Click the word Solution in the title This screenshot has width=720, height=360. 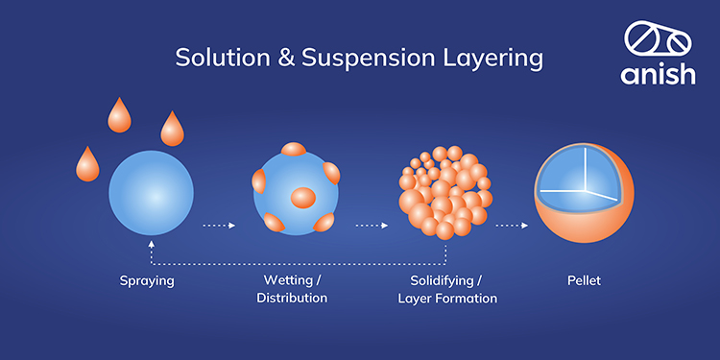[x=215, y=58]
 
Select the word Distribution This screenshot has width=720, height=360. [x=292, y=298]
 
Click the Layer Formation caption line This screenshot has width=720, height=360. [x=447, y=298]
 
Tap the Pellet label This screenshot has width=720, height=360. [x=584, y=281]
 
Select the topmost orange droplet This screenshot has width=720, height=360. [x=120, y=115]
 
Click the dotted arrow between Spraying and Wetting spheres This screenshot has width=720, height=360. [x=221, y=227]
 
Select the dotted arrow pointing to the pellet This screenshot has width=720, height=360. [x=511, y=227]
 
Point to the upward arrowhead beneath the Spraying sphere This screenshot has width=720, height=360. [x=152, y=245]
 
